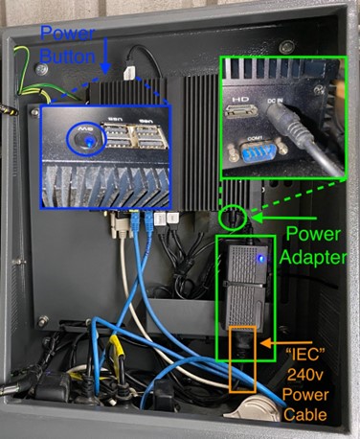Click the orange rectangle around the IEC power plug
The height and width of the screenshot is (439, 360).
coord(242,359)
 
